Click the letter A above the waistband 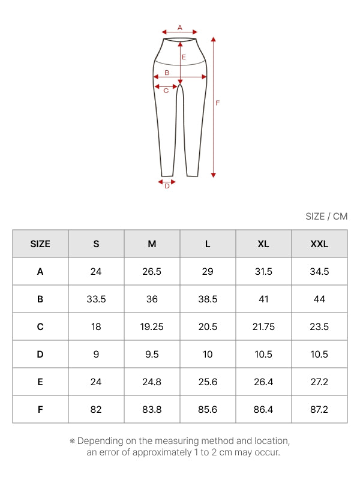179,28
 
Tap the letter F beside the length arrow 218,103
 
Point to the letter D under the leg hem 167,186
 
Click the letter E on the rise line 184,57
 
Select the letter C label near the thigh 166,91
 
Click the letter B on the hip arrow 167,73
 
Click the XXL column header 319,244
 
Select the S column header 96,244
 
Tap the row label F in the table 40,410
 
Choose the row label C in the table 40,326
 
